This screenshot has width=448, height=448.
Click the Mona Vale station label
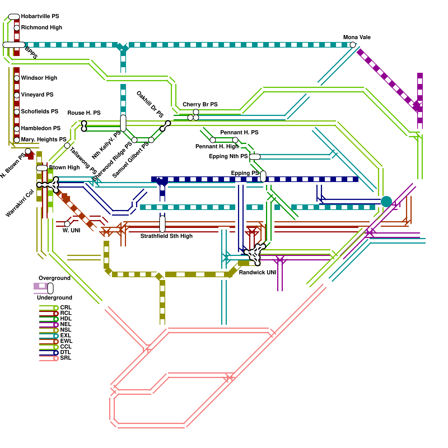[x=357, y=37]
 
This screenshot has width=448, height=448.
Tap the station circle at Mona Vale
[x=353, y=45]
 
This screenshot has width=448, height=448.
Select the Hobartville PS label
[x=40, y=16]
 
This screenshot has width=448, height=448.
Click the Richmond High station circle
[x=17, y=28]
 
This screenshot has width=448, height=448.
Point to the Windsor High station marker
[x=17, y=78]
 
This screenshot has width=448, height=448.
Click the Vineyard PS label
[x=37, y=95]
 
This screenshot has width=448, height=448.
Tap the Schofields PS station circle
[x=17, y=112]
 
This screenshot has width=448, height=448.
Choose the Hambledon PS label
[x=41, y=128]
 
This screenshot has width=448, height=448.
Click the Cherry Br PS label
[x=200, y=104]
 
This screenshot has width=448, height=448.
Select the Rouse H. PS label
[x=84, y=113]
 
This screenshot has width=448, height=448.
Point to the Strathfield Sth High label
[x=166, y=236]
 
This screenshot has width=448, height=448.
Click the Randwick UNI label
[x=257, y=272]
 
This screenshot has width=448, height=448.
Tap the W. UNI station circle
[x=67, y=224]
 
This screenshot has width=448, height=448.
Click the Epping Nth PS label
[x=228, y=156]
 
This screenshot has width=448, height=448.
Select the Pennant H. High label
[x=217, y=146]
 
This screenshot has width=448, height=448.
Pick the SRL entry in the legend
[x=66, y=358]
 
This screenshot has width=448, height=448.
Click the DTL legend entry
[x=66, y=352]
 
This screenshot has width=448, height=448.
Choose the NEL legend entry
[x=66, y=324]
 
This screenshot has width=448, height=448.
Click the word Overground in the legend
[x=54, y=278]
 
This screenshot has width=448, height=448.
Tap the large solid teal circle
[x=386, y=202]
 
